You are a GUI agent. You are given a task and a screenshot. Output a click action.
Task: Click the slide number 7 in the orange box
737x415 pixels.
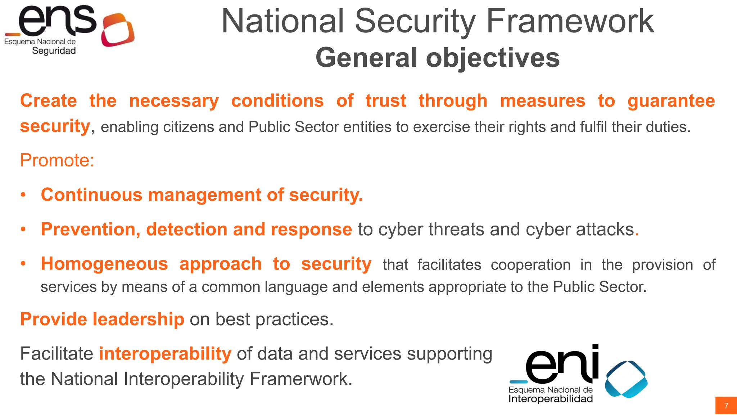coord(726,406)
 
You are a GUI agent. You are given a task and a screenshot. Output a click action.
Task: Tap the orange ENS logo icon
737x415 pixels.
coord(117,30)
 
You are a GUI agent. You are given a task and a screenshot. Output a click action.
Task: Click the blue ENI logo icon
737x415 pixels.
coord(626,379)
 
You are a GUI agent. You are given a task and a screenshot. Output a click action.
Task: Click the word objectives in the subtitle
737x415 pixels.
coord(493,58)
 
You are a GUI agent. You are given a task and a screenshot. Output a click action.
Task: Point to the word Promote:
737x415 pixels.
coord(57,160)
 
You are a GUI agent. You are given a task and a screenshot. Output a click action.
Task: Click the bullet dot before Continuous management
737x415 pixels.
coord(23,195)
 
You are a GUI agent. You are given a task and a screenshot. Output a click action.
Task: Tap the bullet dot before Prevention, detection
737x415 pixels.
coord(23,229)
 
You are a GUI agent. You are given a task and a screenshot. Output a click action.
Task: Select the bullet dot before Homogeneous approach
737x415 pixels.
coord(23,264)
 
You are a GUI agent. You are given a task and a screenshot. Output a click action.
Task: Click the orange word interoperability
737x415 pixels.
coord(165,354)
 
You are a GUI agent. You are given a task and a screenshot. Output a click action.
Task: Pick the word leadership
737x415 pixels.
coord(139,319)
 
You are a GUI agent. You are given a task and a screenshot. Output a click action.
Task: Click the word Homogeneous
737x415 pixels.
coord(104,264)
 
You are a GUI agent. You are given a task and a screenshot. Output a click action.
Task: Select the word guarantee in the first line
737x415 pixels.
coord(671,101)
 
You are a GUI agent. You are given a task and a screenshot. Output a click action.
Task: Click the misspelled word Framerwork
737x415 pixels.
coord(301,379)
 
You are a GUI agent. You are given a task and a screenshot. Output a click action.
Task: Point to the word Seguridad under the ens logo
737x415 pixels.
coord(54,51)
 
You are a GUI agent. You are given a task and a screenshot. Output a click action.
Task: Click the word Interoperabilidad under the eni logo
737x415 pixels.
coord(550,399)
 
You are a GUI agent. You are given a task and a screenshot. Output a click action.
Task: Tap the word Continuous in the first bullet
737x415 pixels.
coord(92,195)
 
